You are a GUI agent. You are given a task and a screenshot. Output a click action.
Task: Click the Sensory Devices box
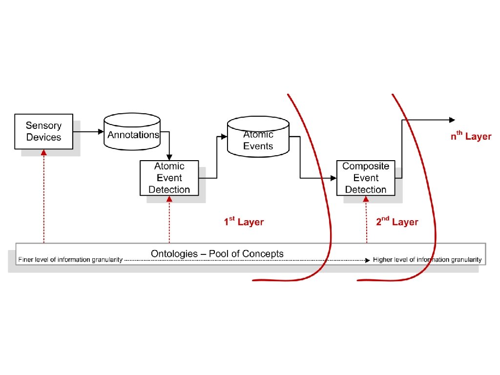43,132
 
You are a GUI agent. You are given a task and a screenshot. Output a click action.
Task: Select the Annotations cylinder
133,134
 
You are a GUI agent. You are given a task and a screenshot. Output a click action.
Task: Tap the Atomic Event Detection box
169,178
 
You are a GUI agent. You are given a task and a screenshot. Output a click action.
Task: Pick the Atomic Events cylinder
258,139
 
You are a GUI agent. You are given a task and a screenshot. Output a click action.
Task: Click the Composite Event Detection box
365,178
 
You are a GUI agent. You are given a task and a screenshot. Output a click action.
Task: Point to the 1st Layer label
244,222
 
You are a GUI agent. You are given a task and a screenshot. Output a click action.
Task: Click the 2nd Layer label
397,222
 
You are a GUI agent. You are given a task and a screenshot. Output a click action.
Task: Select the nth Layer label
470,136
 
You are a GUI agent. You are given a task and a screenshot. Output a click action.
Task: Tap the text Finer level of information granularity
70,260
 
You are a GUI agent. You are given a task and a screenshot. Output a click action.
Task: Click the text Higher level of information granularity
427,260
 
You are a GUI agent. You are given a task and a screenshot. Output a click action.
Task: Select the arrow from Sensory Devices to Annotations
88,132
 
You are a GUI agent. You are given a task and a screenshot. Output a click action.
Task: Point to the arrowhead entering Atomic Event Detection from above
169,157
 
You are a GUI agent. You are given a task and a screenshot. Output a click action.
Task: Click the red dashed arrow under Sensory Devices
43,195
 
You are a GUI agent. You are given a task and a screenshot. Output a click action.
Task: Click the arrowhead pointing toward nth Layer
452,120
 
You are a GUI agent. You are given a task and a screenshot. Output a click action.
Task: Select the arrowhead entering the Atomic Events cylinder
225,137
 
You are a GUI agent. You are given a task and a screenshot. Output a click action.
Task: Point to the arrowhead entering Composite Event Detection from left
334,178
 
